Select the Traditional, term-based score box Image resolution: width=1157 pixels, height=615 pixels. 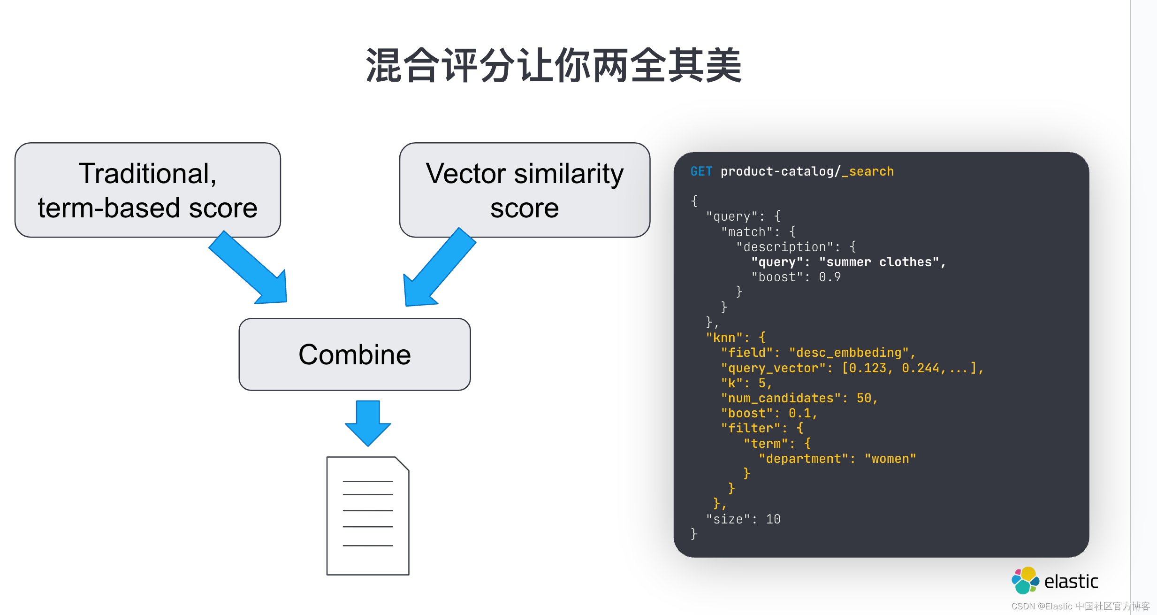[x=147, y=190]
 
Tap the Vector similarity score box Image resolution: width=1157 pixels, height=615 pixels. [x=525, y=190]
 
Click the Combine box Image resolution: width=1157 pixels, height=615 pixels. [x=355, y=354]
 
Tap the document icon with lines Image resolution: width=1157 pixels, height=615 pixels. [x=368, y=515]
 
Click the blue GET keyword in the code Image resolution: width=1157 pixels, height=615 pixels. [x=701, y=171]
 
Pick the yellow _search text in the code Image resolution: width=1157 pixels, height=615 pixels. [x=868, y=171]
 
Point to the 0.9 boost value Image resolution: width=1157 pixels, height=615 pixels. [x=830, y=277]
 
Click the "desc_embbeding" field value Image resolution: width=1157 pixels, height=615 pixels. [x=849, y=353]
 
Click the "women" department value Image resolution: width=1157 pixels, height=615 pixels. [x=890, y=459]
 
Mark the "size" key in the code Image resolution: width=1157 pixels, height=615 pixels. [x=728, y=519]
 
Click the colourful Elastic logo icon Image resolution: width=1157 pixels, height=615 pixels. [x=1025, y=581]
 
